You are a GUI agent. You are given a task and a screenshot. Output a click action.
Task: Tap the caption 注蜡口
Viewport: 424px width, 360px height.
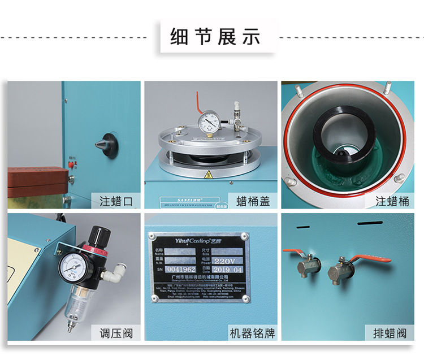click(x=115, y=201)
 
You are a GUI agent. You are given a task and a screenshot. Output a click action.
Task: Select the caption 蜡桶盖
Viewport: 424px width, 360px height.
click(x=252, y=201)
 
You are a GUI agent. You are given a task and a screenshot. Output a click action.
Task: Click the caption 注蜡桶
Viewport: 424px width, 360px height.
click(x=391, y=201)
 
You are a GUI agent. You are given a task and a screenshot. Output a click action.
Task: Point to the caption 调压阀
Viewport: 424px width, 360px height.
click(x=115, y=332)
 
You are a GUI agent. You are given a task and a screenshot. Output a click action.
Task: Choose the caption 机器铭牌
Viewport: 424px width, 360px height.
click(x=252, y=332)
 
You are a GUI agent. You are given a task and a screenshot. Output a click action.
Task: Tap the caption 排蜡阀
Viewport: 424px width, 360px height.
click(x=391, y=332)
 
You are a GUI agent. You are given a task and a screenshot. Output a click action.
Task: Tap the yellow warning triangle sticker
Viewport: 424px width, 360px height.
click(x=208, y=174)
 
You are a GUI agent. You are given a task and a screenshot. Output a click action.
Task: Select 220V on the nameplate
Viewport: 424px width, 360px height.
click(x=228, y=262)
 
